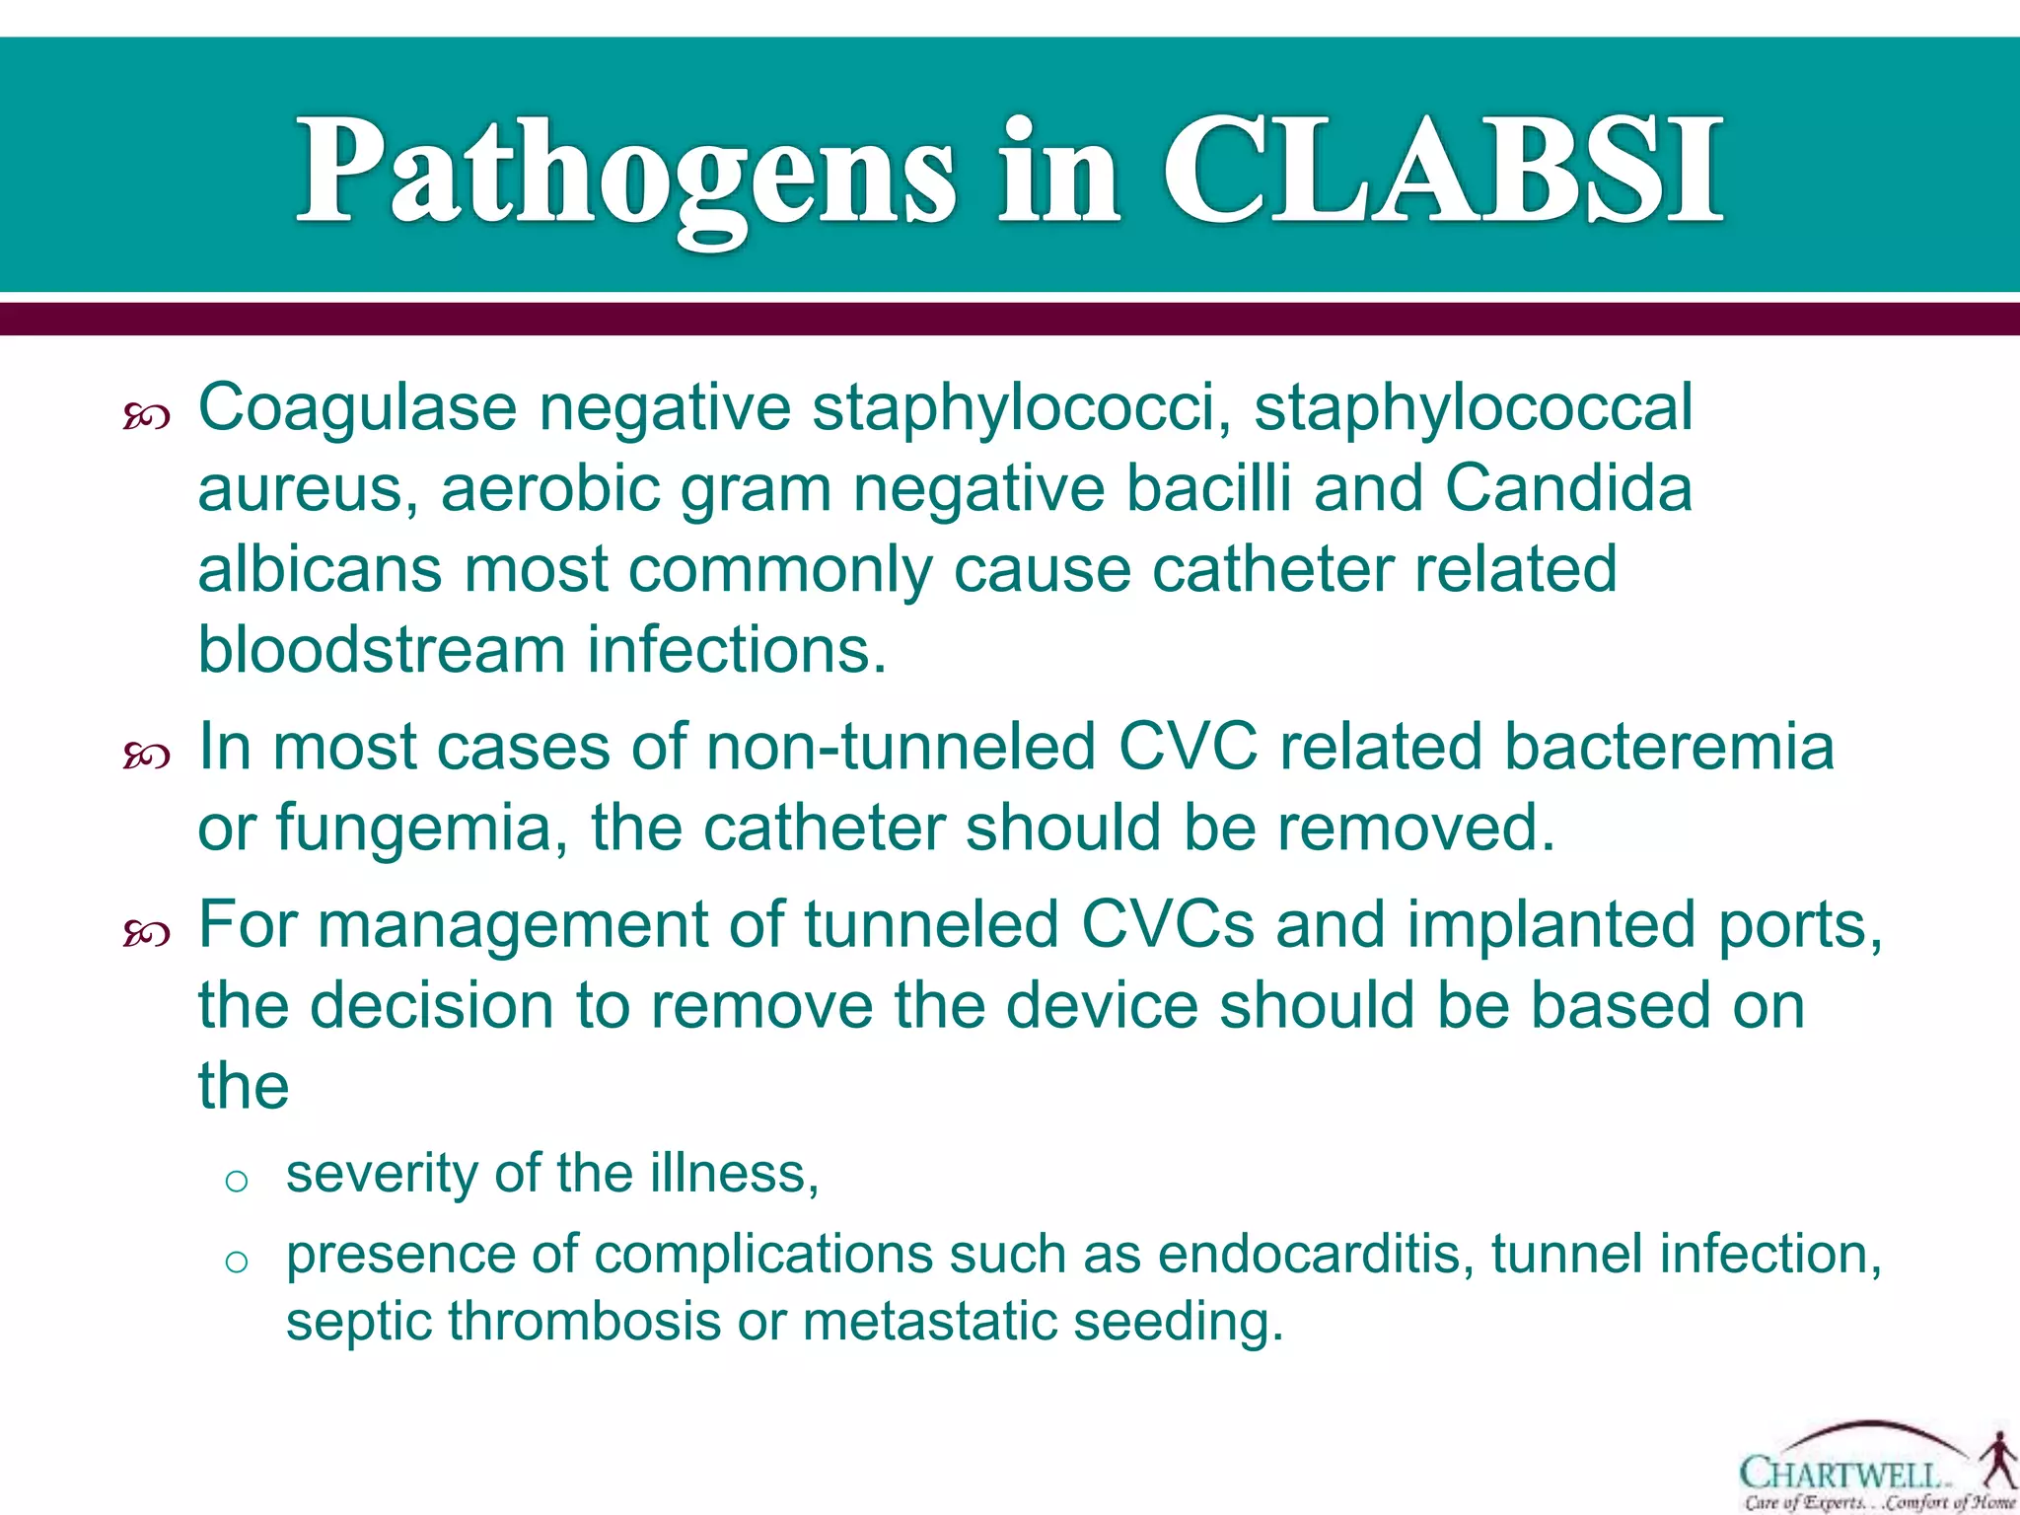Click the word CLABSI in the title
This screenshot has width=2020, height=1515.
(1443, 173)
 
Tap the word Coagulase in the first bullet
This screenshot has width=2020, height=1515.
(357, 408)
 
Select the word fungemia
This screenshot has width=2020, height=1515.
(412, 829)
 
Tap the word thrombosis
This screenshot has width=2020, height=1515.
(585, 1322)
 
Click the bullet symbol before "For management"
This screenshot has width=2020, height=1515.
(147, 933)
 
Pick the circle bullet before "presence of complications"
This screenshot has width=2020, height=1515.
(236, 1262)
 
